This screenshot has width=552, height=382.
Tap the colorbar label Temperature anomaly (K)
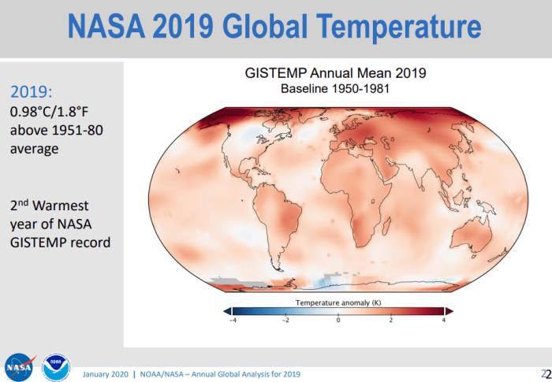click(x=338, y=302)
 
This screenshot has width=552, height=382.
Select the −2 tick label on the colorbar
click(x=285, y=321)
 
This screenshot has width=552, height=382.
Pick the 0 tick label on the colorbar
click(x=338, y=321)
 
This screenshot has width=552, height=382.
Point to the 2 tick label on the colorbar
click(x=391, y=321)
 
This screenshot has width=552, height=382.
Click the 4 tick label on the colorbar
click(x=444, y=321)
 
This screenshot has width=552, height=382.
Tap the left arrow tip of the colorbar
click(x=226, y=311)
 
